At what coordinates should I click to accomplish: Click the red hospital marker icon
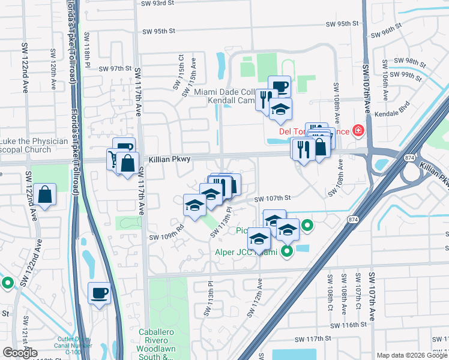click(x=358, y=130)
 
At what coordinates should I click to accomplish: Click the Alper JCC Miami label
click(x=247, y=252)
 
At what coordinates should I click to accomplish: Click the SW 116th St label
click(x=349, y=325)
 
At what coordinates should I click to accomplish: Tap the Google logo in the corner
click(x=20, y=353)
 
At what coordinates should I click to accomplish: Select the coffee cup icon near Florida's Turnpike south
click(x=100, y=293)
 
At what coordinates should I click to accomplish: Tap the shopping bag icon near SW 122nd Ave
click(x=45, y=194)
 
